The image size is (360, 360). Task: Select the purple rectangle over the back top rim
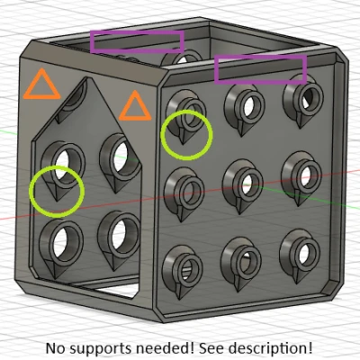[x=137, y=32]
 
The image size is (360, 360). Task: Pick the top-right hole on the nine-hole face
[x=308, y=97]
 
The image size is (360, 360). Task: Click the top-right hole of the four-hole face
[x=121, y=156]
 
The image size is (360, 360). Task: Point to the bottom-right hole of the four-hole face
[x=120, y=233]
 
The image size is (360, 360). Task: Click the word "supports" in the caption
[x=98, y=348]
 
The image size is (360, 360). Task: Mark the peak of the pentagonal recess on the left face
[x=87, y=78]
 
